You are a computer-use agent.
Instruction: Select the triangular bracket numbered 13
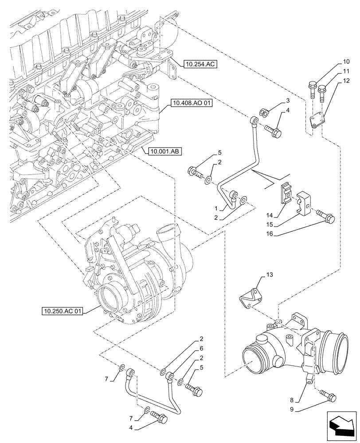248,299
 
